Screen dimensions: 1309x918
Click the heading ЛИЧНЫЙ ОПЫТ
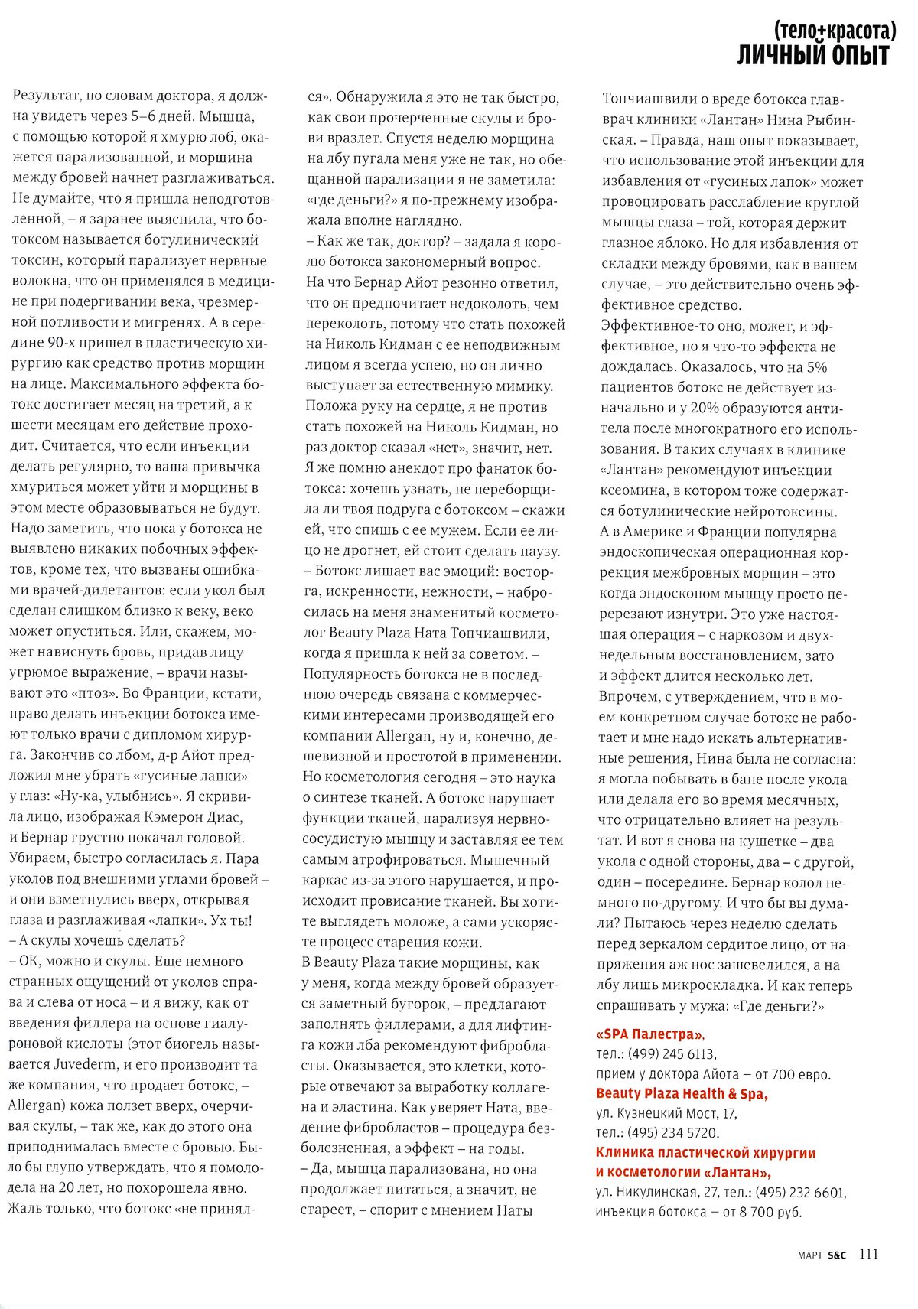(812, 56)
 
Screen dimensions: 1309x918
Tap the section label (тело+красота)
(834, 31)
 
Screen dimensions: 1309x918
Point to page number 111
(868, 1254)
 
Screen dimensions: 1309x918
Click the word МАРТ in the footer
(809, 1255)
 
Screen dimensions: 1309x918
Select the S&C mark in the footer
(837, 1255)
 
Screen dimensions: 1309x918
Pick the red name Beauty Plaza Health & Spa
(682, 1094)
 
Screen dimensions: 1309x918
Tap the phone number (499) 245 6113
(672, 1054)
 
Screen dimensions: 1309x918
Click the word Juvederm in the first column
(84, 1065)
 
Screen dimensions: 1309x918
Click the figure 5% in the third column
(816, 367)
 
